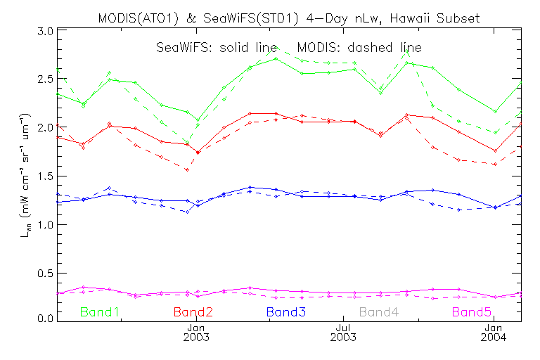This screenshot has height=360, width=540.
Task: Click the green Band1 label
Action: tap(99, 311)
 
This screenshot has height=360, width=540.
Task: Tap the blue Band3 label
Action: tap(285, 311)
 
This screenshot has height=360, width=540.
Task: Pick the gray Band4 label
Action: tap(379, 311)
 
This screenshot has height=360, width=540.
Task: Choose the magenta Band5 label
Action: tap(472, 311)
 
